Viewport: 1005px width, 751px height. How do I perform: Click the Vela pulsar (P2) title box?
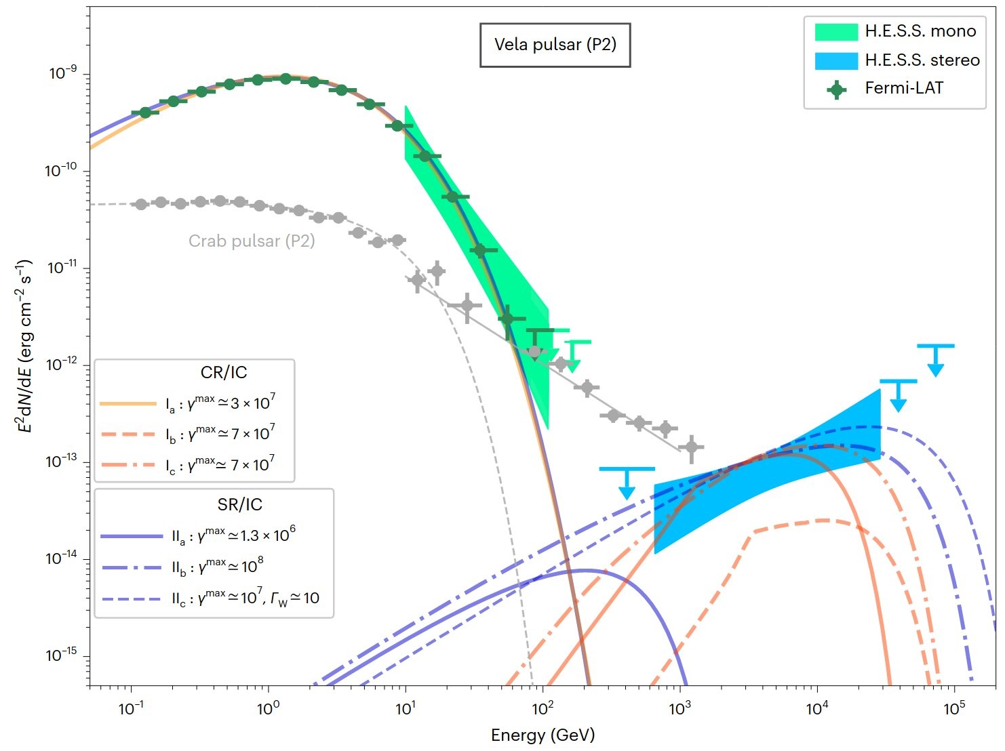pos(555,45)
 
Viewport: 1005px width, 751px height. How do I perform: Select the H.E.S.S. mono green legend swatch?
pos(835,32)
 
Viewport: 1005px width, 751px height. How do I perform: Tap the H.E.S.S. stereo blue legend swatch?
pos(835,60)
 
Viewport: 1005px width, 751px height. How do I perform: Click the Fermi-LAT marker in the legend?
pos(837,89)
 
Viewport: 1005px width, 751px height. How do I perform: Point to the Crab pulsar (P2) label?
pos(252,241)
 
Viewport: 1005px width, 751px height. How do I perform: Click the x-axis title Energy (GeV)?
pos(543,735)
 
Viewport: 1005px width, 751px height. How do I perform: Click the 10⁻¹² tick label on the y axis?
pos(62,365)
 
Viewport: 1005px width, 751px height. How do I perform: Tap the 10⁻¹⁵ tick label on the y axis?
pos(62,655)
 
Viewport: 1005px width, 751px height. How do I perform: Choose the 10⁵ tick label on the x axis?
pos(953,708)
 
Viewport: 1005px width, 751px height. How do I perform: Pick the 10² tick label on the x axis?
pos(543,708)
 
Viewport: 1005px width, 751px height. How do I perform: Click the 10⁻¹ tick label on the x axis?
pos(131,708)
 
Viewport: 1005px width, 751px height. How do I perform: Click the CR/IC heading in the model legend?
pos(224,372)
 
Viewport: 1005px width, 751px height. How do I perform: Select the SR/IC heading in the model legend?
pos(239,504)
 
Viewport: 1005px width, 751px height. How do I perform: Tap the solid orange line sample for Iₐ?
pos(128,403)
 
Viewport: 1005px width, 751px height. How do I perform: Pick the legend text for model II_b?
pos(217,567)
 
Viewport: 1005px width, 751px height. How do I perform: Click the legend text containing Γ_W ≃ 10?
pos(245,598)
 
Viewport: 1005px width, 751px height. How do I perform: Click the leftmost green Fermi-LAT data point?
pos(145,113)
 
